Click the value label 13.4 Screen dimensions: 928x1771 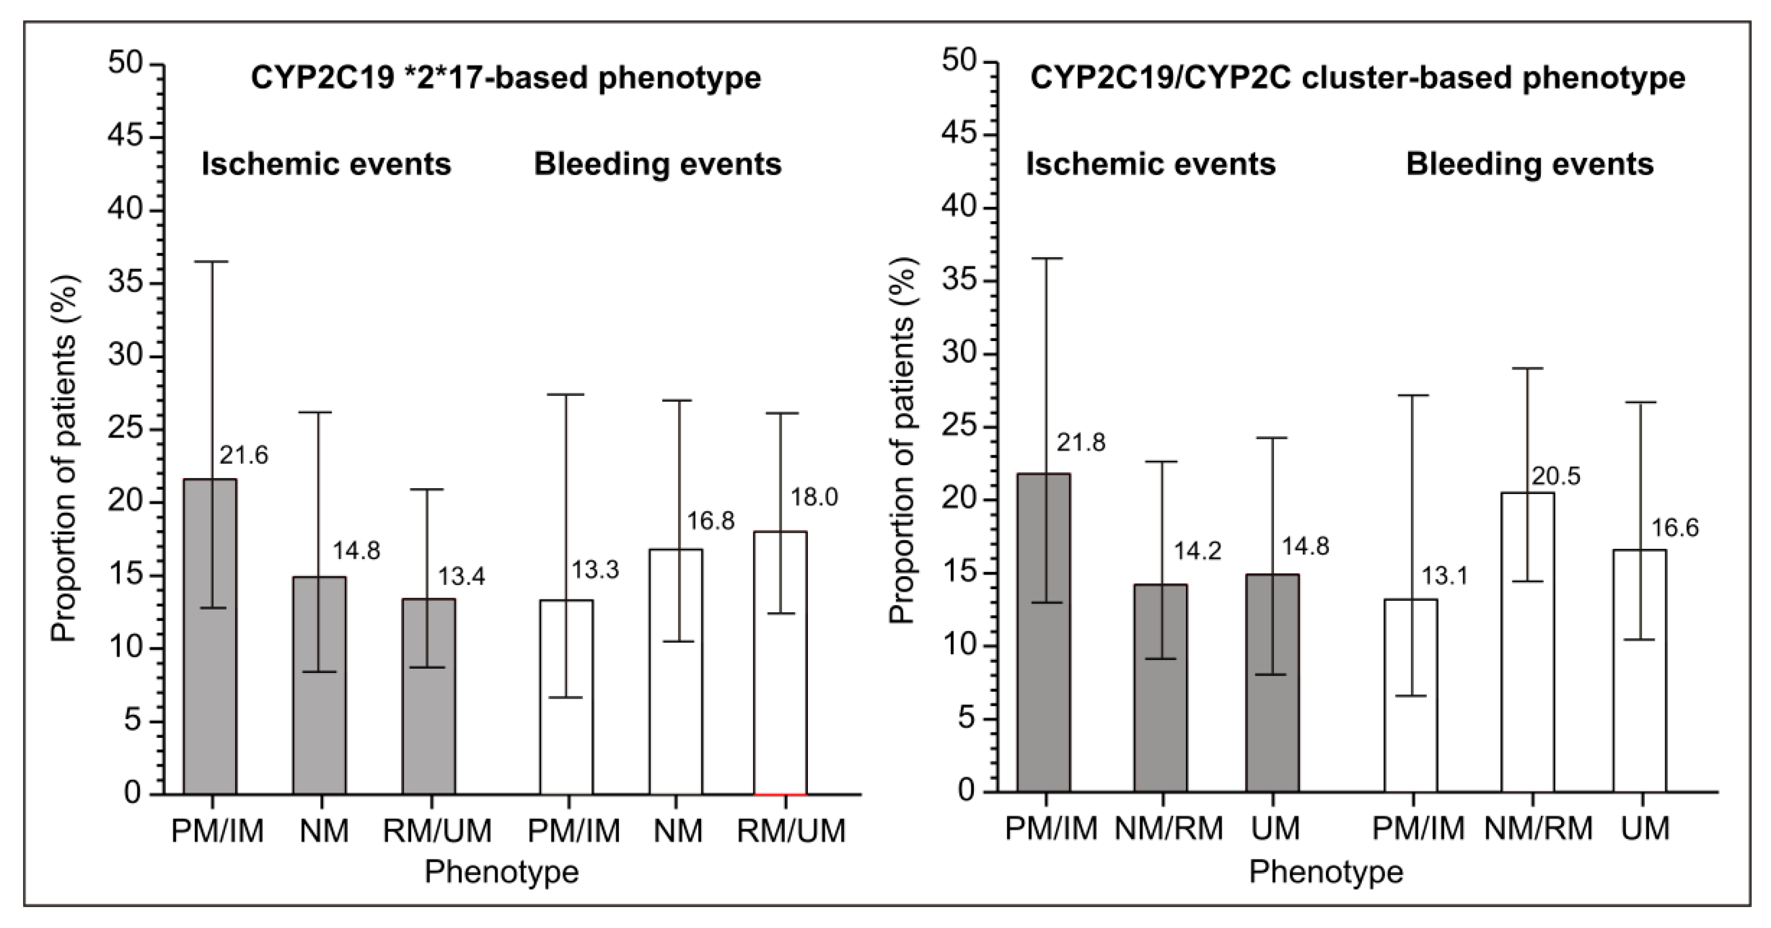tap(461, 576)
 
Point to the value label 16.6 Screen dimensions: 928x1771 tap(1675, 527)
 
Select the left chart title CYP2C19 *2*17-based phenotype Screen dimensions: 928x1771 tap(506, 78)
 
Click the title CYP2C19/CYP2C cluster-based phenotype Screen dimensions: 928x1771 tap(1358, 78)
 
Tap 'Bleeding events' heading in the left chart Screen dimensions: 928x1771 tap(658, 164)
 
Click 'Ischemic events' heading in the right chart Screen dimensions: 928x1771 tap(1151, 164)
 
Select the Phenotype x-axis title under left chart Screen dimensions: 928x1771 tap(501, 872)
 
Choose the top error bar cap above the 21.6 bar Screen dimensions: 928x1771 tap(210, 262)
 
